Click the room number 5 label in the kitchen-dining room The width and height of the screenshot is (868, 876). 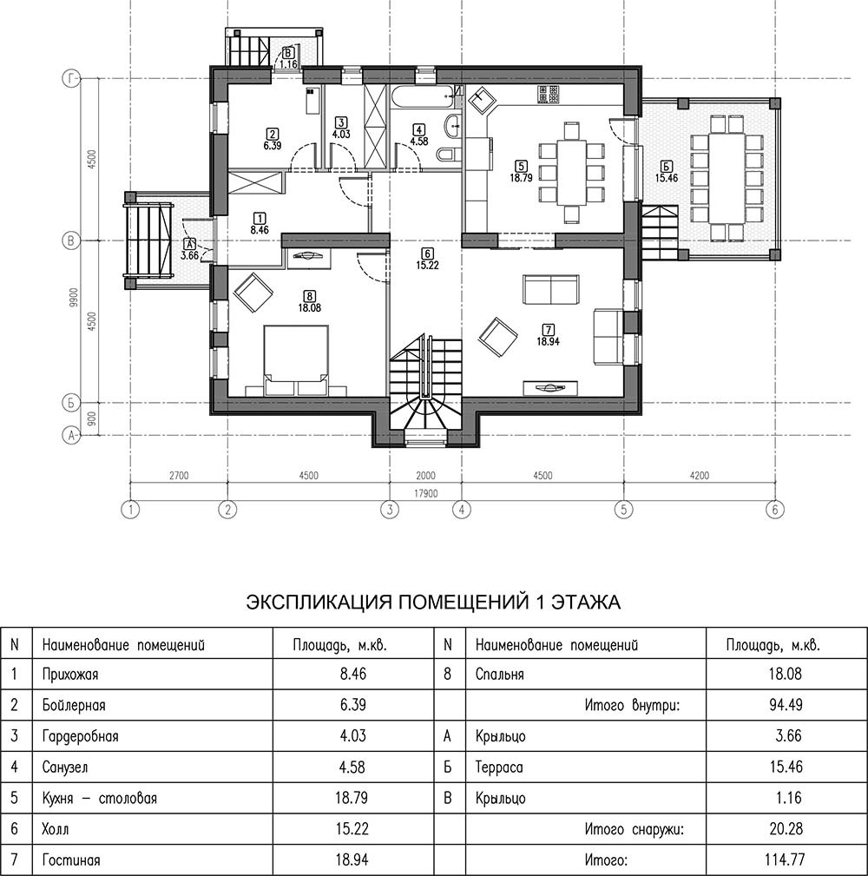(521, 166)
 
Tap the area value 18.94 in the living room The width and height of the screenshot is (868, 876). (548, 341)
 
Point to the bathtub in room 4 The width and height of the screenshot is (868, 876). (422, 97)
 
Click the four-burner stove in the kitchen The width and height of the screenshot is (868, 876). (548, 95)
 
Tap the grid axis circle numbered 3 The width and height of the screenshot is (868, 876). (390, 510)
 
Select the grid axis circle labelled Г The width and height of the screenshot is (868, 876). (71, 79)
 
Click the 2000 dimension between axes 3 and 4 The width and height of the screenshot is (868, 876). (425, 476)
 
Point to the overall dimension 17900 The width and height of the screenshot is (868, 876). (425, 493)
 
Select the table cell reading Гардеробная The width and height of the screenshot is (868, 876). (81, 735)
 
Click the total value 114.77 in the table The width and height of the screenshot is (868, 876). (786, 860)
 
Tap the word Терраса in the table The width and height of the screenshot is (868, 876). (499, 767)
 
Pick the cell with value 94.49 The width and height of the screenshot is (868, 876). (786, 705)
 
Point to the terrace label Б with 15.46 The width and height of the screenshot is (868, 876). (667, 172)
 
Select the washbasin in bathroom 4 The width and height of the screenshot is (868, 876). (452, 126)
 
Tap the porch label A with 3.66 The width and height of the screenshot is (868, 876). (190, 250)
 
